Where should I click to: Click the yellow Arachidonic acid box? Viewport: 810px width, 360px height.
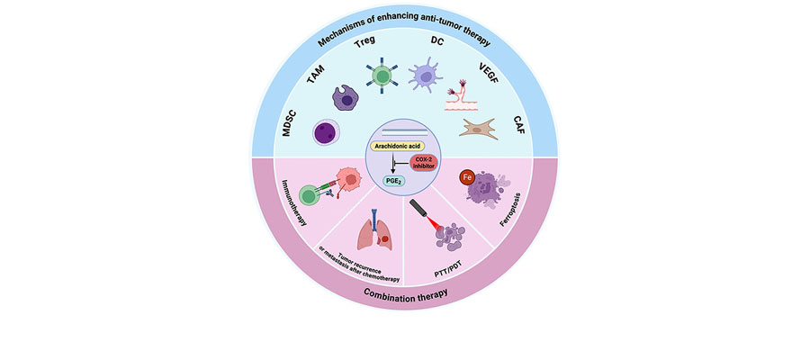pos(399,147)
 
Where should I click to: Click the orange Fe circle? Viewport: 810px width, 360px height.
pos(466,178)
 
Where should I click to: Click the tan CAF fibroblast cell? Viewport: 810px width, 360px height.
pos(480,129)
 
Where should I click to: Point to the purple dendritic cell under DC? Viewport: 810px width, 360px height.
pos(426,77)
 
